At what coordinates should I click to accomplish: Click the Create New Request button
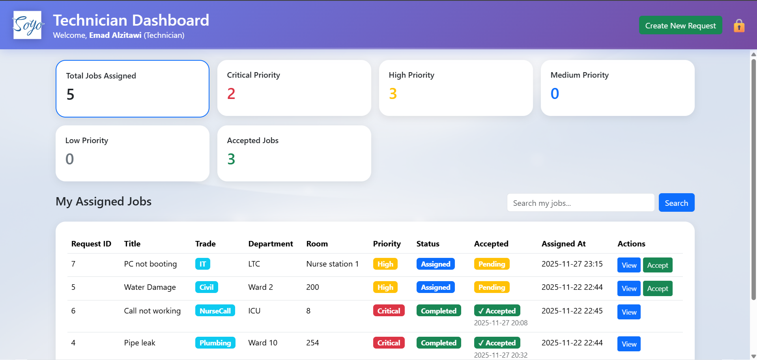pos(680,26)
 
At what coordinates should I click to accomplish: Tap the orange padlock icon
pos(739,26)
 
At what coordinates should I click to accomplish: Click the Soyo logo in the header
pos(27,25)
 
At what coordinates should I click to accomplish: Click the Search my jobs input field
pos(580,203)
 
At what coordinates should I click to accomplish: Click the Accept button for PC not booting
pos(657,265)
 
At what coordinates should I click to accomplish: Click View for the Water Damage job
pos(628,289)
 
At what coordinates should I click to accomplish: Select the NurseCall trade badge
pos(215,311)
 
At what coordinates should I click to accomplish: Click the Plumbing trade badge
pos(215,343)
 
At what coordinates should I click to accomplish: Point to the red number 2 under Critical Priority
pos(231,94)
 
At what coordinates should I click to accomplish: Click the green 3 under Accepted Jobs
pos(231,159)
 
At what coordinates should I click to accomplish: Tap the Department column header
pos(270,244)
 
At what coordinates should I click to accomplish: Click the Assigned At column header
pos(563,244)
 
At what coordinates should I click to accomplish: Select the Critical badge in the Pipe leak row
pos(388,343)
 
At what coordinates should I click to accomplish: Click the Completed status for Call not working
pos(438,311)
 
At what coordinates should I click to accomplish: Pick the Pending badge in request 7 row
pos(492,264)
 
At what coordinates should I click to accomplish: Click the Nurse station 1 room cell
pos(332,264)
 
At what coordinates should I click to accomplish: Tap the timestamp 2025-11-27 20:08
pos(500,323)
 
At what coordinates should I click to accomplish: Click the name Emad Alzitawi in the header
pos(115,35)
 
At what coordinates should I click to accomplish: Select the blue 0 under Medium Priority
pos(555,94)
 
